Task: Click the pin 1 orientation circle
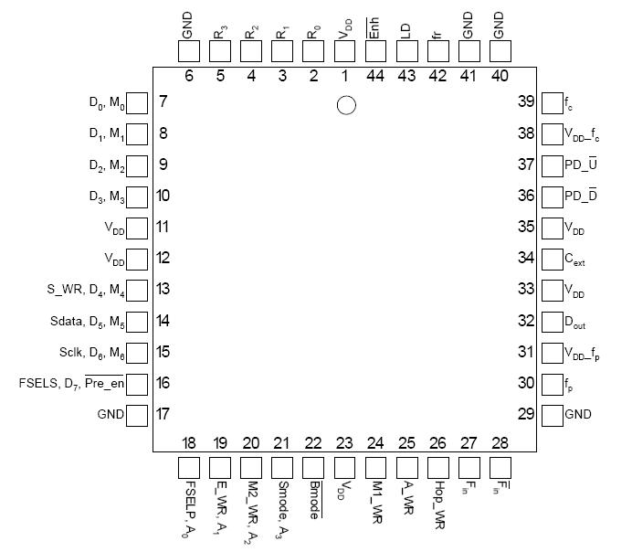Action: tap(345, 105)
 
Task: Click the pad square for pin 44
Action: tap(375, 52)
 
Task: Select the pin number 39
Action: tap(526, 101)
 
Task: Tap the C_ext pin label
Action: tap(575, 260)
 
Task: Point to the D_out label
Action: tap(575, 322)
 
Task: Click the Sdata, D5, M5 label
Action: tap(87, 322)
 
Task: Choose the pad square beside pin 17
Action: tap(136, 415)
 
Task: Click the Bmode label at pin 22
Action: tap(314, 500)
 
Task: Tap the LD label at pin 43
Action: tap(406, 28)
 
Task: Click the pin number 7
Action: tap(163, 101)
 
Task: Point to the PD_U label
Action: tap(581, 165)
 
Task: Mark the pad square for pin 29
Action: tap(552, 415)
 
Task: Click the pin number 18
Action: tap(189, 443)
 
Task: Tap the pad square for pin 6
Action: tap(189, 52)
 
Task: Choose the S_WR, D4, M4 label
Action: tap(85, 291)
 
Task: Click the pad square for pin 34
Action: tap(552, 259)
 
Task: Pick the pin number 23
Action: tap(344, 443)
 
